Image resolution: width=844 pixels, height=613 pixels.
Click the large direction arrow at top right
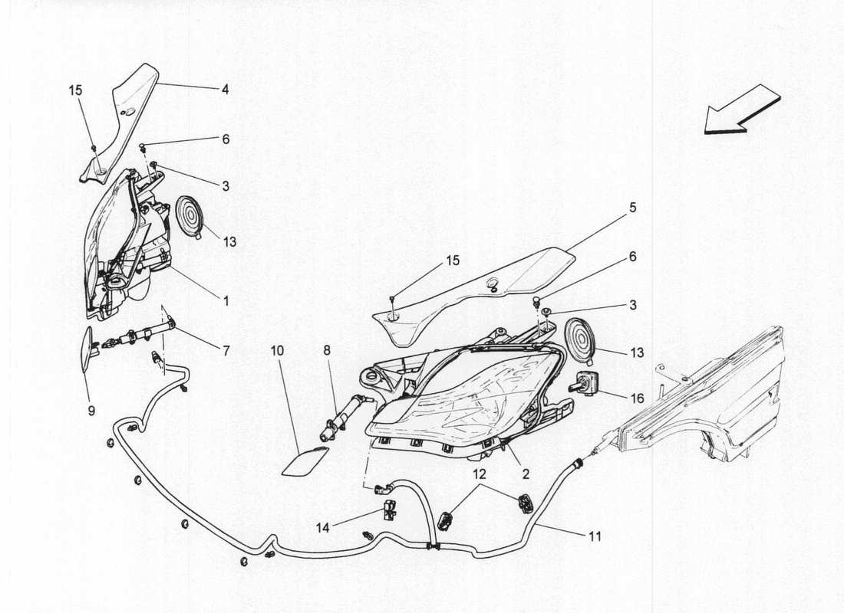coord(741,110)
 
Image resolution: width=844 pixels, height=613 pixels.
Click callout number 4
coord(225,89)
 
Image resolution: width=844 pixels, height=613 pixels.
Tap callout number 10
coord(277,350)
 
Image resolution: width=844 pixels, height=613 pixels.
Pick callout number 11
coord(595,537)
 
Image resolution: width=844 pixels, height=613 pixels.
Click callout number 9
coord(91,411)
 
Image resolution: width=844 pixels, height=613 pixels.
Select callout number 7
coord(226,351)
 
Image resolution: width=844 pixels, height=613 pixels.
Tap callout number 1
coord(226,302)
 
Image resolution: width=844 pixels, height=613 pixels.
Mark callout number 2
coord(526,475)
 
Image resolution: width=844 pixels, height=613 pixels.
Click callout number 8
coord(326,350)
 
